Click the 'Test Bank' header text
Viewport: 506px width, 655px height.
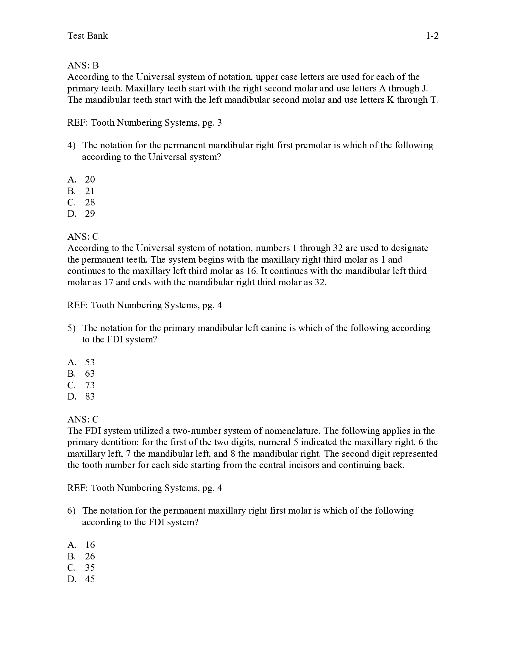pos(87,36)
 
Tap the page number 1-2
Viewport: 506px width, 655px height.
pos(432,36)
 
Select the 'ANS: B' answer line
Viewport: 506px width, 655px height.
pos(83,65)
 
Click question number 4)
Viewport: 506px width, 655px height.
pos(71,146)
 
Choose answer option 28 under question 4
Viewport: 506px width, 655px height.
pos(90,202)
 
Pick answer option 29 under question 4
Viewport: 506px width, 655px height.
pos(90,214)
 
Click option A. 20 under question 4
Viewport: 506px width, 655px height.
pos(81,180)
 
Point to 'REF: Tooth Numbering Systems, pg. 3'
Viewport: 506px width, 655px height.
pos(144,123)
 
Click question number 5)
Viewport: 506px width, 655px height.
pos(71,328)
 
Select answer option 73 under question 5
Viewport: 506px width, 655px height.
pos(90,385)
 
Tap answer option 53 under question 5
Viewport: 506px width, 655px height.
pos(90,362)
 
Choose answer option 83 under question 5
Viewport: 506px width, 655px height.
pos(90,397)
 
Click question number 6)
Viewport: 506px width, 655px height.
pos(71,511)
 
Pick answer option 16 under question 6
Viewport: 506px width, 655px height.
pos(90,545)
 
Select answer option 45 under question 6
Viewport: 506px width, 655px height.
pos(90,579)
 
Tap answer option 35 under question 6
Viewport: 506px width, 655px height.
pos(90,568)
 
